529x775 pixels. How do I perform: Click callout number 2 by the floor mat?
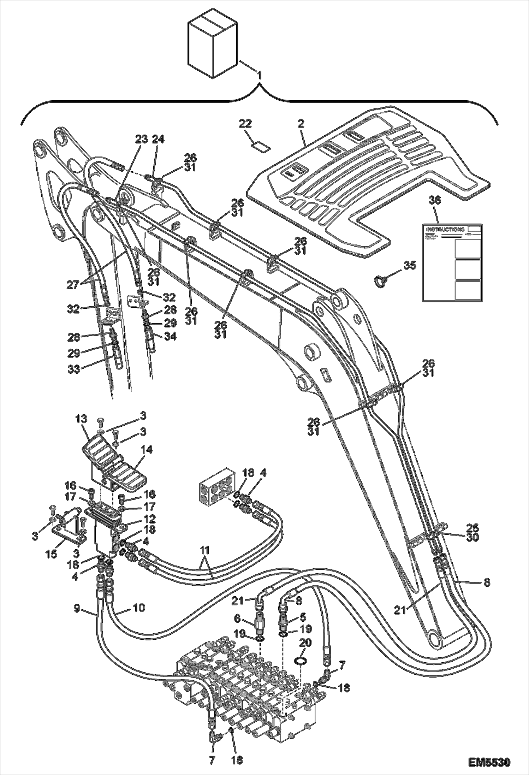tap(301, 124)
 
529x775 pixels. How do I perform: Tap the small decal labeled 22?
tap(260, 146)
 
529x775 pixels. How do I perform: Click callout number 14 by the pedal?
tap(147, 450)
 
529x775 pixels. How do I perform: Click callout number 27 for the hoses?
tap(74, 285)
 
